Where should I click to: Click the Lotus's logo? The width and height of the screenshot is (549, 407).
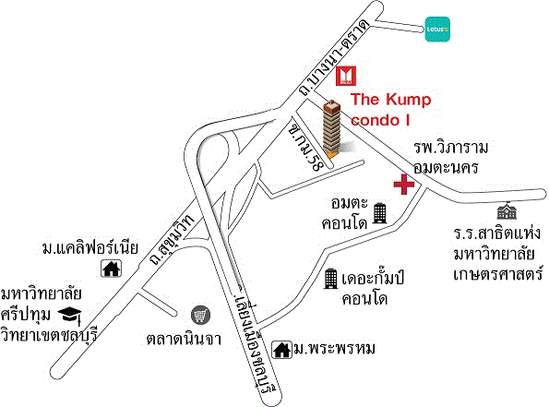[436, 26]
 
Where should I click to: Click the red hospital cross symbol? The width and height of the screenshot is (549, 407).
[403, 185]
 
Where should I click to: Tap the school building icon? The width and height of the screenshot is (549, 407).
[504, 210]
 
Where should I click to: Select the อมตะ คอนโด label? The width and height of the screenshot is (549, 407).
[346, 212]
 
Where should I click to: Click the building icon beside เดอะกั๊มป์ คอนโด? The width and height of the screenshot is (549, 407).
[329, 279]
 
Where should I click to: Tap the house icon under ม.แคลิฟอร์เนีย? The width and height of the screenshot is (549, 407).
[112, 269]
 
